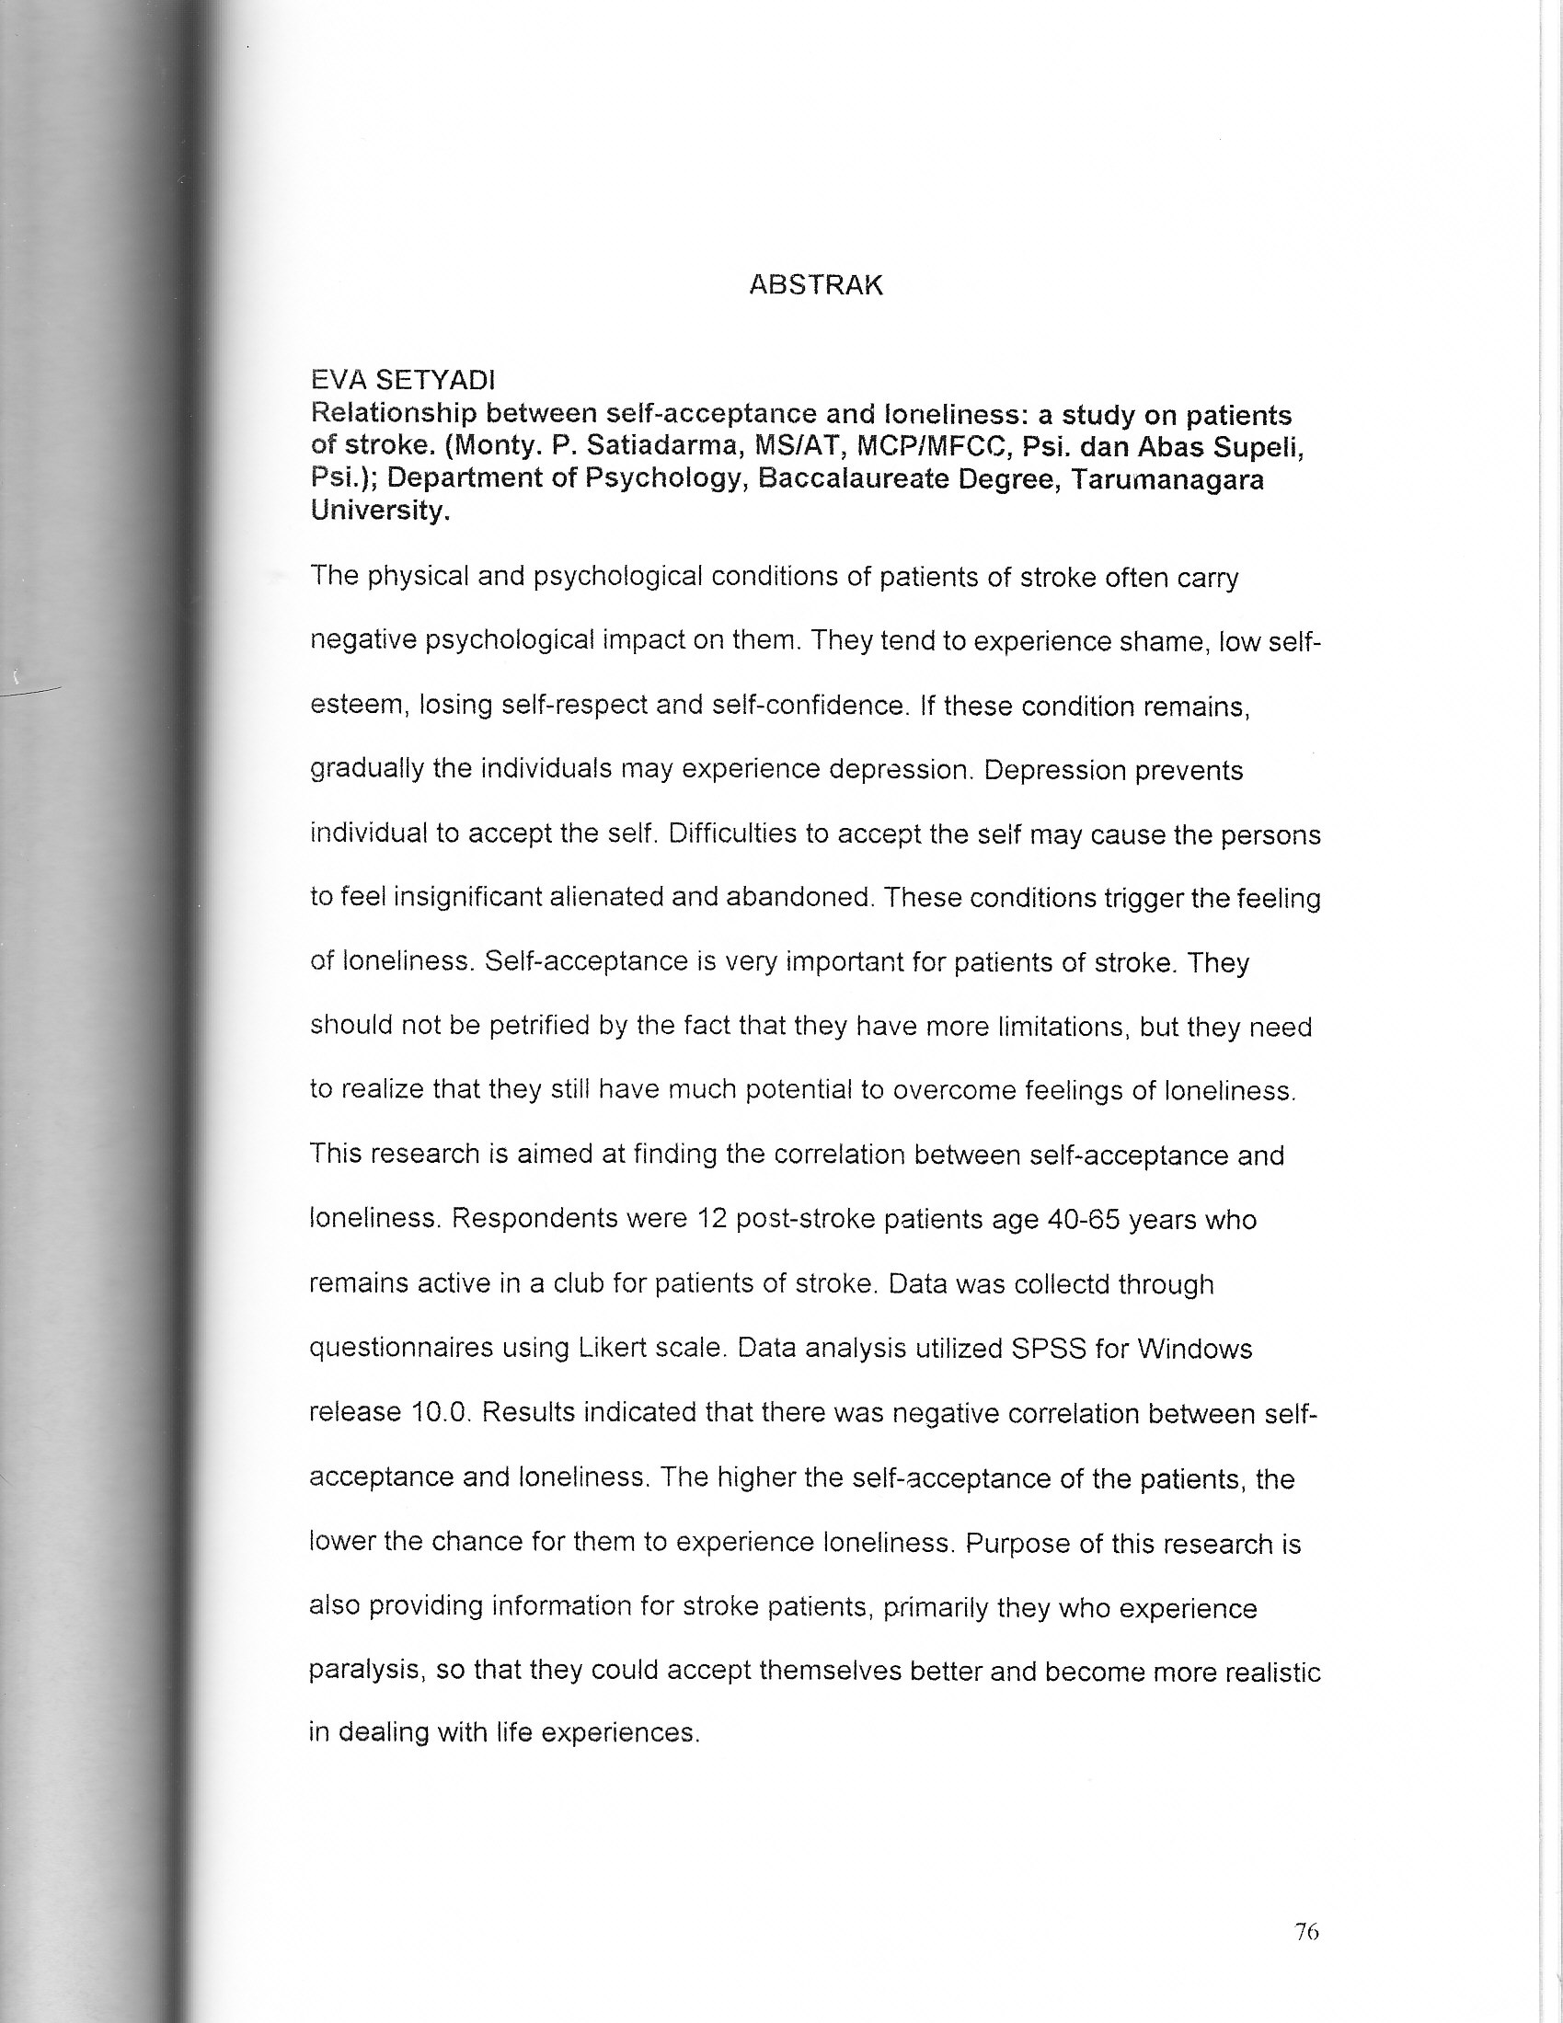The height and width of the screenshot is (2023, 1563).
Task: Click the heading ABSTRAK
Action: pyautogui.click(x=815, y=284)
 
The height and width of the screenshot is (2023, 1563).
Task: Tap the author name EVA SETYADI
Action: pyautogui.click(x=403, y=380)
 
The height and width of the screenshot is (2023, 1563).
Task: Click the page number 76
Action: pyautogui.click(x=1306, y=1931)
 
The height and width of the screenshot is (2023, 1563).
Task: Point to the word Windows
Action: pyautogui.click(x=1194, y=1348)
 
